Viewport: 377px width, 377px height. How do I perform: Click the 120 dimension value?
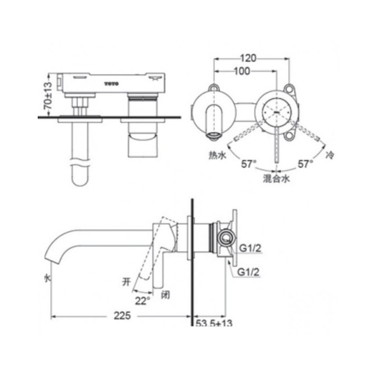(x=248, y=58)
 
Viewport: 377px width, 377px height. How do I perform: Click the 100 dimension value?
(x=242, y=71)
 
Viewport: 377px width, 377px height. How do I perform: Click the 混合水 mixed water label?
(x=276, y=179)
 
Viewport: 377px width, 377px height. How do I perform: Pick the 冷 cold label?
(x=329, y=155)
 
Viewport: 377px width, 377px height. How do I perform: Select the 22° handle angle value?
(x=143, y=300)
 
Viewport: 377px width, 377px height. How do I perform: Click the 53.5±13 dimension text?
(x=214, y=323)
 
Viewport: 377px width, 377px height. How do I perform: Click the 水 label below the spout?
(x=47, y=278)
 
